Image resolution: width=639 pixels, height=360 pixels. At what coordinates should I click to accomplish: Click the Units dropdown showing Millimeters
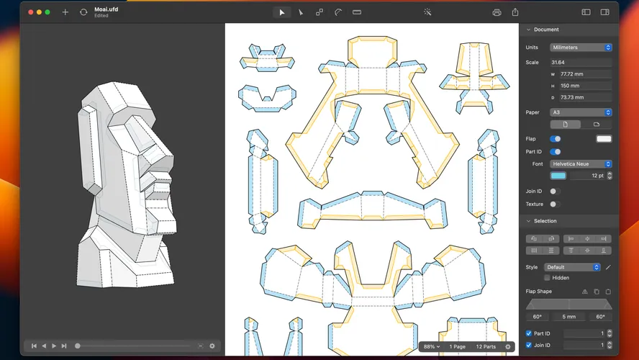point(580,48)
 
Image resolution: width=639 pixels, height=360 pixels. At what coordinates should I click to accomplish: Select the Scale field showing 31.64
point(580,63)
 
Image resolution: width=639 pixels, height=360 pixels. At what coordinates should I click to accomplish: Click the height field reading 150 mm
point(585,86)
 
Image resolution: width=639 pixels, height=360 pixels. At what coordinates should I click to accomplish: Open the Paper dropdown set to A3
point(580,112)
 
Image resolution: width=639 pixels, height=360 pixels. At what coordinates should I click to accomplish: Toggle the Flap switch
point(556,139)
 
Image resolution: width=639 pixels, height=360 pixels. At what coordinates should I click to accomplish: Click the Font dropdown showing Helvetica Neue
point(580,164)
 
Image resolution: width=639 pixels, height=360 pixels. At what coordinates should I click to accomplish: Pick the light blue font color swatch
point(558,176)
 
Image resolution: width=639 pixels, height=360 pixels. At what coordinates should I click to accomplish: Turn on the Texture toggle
point(555,204)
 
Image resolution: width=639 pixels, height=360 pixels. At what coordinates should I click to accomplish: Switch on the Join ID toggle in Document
point(555,192)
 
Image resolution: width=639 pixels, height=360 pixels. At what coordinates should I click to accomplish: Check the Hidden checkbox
point(548,277)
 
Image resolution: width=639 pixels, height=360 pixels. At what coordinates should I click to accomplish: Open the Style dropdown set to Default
point(572,267)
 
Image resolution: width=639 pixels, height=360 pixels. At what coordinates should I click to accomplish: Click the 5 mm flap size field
point(568,317)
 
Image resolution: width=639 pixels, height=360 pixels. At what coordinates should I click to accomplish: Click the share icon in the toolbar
point(515,12)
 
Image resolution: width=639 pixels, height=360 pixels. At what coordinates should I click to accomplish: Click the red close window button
point(30,12)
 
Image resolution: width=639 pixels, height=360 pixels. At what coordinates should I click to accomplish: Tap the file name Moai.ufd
point(106,9)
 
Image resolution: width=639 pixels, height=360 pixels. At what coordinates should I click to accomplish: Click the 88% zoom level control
point(432,347)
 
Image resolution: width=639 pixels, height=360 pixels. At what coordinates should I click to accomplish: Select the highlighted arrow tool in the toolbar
point(281,12)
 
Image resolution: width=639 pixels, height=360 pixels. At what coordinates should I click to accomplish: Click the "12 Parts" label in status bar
point(485,347)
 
